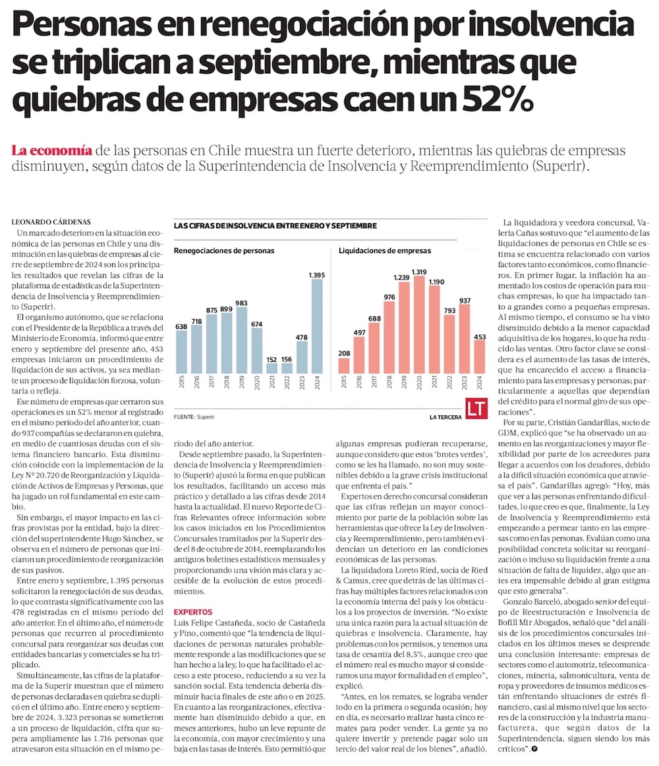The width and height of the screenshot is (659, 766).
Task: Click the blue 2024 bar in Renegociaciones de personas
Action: click(317, 326)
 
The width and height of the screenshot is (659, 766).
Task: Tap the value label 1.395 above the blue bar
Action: click(317, 274)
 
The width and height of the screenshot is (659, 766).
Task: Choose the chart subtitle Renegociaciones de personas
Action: click(224, 250)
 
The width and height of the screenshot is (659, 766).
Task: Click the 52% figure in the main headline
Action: click(491, 100)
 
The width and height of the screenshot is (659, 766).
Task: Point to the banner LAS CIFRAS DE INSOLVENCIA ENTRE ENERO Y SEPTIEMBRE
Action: click(275, 225)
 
